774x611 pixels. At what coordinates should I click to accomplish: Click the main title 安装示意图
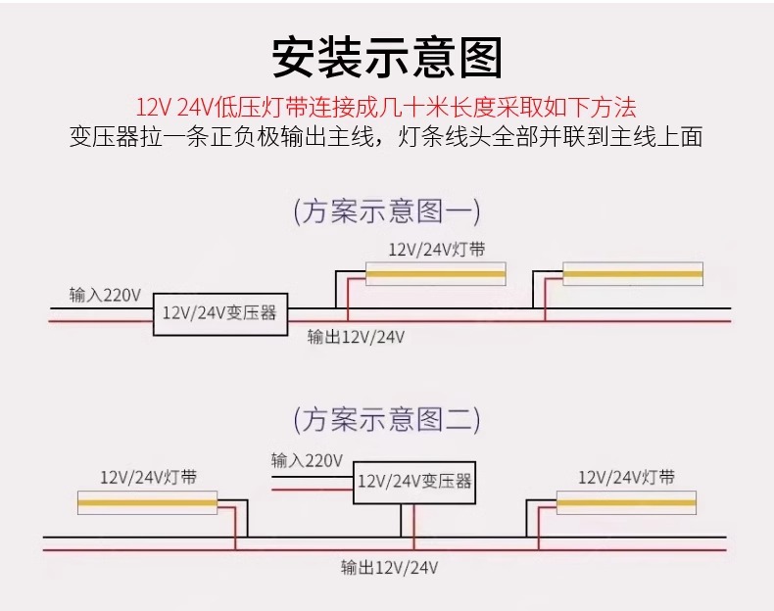(387, 58)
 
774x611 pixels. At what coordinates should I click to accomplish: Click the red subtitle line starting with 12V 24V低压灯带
(386, 108)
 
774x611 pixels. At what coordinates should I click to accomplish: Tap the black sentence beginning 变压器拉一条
(386, 137)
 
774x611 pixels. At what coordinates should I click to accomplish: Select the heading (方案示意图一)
(387, 211)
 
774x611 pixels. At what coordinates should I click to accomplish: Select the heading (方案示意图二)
(387, 420)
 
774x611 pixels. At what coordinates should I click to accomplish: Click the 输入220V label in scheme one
(105, 295)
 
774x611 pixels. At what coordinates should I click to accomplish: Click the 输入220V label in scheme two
(307, 460)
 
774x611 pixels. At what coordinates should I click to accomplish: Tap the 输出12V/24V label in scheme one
(356, 337)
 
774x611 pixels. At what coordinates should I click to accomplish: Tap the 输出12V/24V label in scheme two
(390, 568)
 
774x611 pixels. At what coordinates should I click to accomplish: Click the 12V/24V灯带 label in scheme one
(437, 250)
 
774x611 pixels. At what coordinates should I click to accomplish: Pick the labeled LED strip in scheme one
(435, 274)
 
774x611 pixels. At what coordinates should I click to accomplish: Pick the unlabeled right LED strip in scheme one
(633, 274)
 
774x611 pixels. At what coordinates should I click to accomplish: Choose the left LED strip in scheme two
(148, 503)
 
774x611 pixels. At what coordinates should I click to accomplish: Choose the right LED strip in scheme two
(626, 503)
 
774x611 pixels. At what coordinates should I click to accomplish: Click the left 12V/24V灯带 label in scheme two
(149, 478)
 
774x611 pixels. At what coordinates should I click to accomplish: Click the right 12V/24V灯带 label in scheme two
(626, 478)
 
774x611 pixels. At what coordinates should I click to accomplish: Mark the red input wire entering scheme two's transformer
(313, 490)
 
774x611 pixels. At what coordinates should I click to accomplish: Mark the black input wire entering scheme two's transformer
(313, 477)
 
